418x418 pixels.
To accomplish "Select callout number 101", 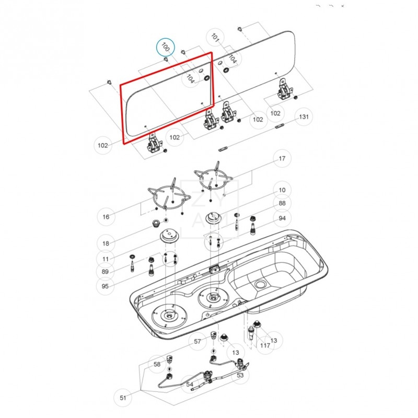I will pos(215,37).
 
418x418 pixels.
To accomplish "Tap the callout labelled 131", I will pos(304,117).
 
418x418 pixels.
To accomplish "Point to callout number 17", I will pos(282,159).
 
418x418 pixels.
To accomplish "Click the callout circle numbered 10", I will pos(282,190).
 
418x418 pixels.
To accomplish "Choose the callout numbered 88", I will pos(282,204).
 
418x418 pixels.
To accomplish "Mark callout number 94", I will pos(282,218).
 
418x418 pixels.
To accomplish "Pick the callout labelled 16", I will pos(106,216).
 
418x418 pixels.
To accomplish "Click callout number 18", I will pos(106,243).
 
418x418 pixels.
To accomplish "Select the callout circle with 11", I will pos(106,259).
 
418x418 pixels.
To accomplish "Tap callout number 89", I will pos(106,272).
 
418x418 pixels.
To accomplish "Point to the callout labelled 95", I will pos(106,286).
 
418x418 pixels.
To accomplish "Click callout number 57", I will pos(198,342).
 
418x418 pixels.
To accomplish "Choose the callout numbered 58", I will pos(157,364).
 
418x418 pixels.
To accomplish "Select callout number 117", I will pos(265,345).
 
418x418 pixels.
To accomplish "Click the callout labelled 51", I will pos(123,398).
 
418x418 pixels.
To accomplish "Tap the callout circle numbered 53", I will pos(240,375).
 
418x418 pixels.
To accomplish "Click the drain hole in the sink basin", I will pos(260,284).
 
